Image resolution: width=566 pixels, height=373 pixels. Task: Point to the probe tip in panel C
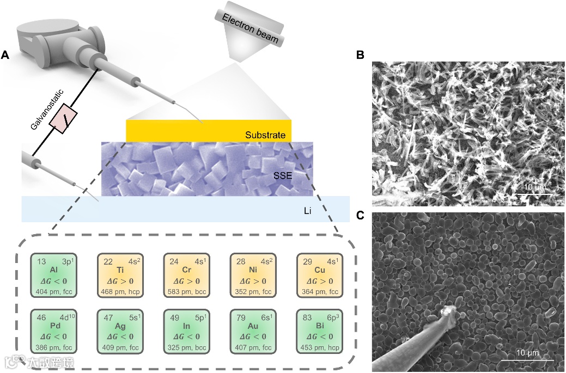click(x=449, y=311)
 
